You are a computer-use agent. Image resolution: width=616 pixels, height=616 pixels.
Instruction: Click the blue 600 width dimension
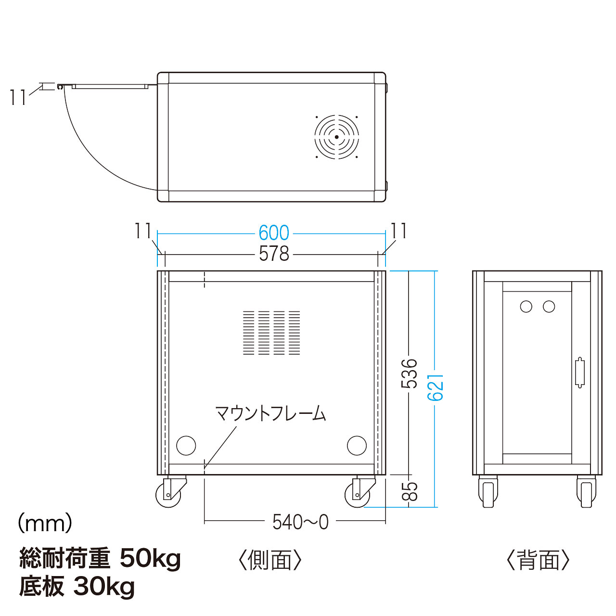tap(274, 233)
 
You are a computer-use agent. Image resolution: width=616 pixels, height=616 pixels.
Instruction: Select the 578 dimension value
tap(274, 254)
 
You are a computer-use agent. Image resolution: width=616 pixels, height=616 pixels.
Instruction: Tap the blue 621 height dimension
tap(436, 387)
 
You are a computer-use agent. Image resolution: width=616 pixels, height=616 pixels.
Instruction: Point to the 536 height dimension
tap(409, 374)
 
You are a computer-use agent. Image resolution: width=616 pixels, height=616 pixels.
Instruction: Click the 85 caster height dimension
tap(410, 491)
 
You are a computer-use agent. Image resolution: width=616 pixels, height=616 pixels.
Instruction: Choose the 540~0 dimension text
tap(300, 523)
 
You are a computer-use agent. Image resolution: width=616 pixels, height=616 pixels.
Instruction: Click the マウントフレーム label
tap(270, 413)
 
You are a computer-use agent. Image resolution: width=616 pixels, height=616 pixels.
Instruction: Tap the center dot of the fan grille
tap(336, 137)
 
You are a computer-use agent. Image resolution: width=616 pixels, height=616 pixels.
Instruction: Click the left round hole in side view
tap(186, 445)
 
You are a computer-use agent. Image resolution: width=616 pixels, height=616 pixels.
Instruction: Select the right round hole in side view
tap(357, 445)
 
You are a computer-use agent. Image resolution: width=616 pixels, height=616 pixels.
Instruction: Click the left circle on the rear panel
tap(526, 307)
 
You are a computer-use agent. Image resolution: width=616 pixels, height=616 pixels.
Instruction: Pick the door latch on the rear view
tap(580, 372)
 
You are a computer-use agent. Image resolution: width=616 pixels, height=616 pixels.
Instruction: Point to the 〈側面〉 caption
tap(270, 569)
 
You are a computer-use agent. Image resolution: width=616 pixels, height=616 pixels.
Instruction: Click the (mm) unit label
tap(45, 524)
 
